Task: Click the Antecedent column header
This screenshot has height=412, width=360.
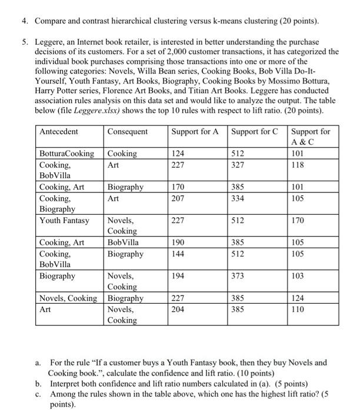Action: point(58,131)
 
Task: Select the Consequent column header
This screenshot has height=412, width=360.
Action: point(127,131)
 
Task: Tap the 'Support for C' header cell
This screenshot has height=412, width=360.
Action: point(255,131)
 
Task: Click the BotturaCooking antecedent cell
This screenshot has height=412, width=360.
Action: point(66,154)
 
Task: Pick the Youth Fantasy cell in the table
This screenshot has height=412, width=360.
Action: point(64,221)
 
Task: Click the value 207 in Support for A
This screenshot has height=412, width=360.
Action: point(177,198)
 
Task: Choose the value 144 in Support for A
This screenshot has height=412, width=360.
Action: point(177,254)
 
